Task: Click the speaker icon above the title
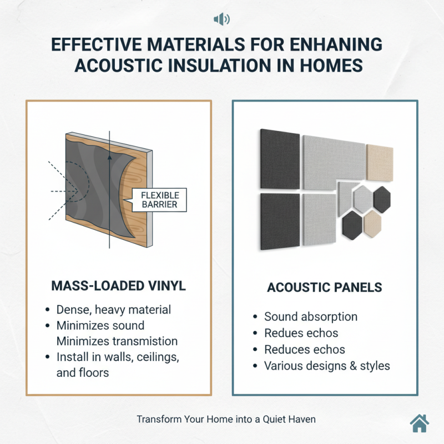pyautogui.click(x=221, y=20)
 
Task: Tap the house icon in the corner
pyautogui.click(x=420, y=423)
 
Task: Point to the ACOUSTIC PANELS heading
pyautogui.click(x=325, y=287)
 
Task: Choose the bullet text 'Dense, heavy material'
pyautogui.click(x=114, y=310)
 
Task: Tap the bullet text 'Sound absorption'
pyautogui.click(x=311, y=317)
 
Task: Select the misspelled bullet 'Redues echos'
pyautogui.click(x=301, y=334)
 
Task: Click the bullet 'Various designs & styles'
pyautogui.click(x=327, y=366)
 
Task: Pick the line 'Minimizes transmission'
pyautogui.click(x=117, y=341)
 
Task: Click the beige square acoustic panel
pyautogui.click(x=380, y=163)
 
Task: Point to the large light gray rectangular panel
pyautogui.click(x=333, y=161)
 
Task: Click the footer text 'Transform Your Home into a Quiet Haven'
pyautogui.click(x=222, y=420)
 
